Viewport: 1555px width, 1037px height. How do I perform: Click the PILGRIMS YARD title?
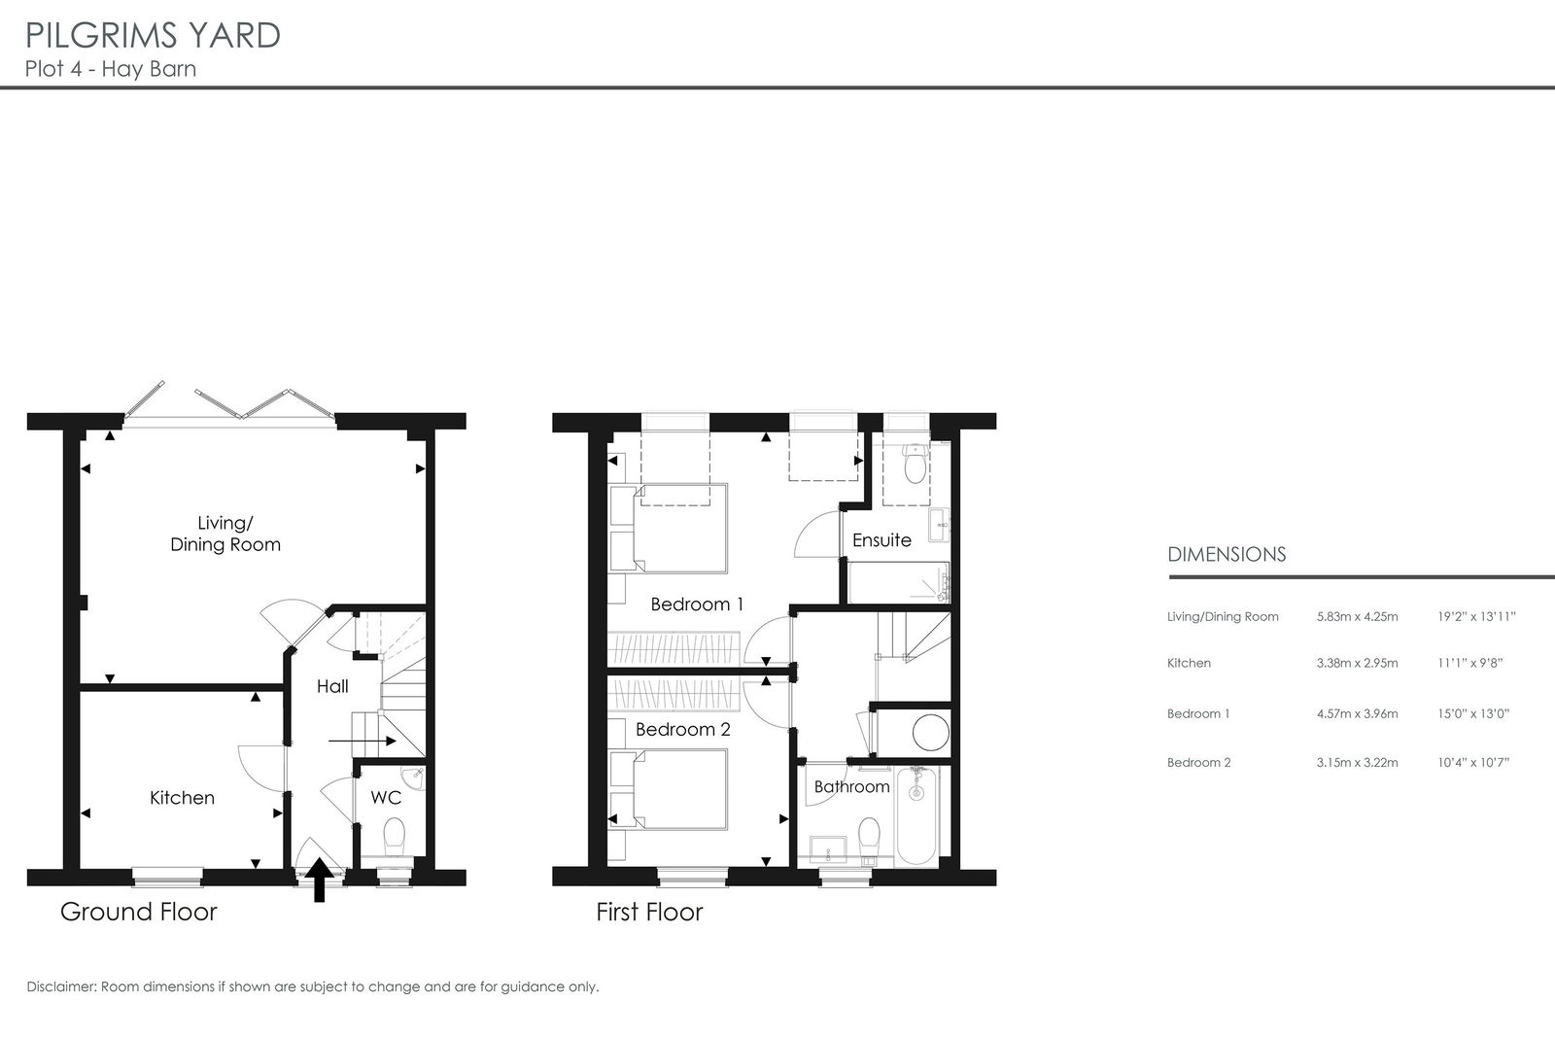[153, 36]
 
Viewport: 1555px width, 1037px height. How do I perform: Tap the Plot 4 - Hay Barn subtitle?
[111, 69]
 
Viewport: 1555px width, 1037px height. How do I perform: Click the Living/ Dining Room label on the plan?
[225, 534]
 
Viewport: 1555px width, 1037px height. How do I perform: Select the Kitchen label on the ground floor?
[182, 798]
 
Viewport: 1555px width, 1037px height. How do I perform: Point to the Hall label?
[332, 686]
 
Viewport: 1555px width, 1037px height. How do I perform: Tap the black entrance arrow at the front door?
[320, 880]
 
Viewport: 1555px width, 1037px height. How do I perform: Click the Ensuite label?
[881, 540]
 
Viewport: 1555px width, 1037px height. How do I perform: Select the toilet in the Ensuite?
[916, 463]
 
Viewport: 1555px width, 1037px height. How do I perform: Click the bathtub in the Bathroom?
[917, 815]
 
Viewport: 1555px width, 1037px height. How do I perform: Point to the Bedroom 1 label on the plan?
[697, 605]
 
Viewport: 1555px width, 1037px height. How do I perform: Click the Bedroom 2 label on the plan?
[683, 730]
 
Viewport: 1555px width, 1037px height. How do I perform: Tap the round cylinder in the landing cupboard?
[930, 733]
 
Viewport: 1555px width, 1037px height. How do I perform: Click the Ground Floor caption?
[139, 912]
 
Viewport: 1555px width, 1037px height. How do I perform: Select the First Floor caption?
[650, 912]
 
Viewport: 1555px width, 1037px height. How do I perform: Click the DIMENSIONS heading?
[1227, 555]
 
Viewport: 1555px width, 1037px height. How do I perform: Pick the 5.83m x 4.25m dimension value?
[1357, 616]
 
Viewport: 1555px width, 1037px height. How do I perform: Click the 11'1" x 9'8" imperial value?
[1470, 663]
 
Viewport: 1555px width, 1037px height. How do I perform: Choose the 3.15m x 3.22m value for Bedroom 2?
[1357, 762]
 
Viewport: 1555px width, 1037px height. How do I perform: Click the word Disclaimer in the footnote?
[61, 986]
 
